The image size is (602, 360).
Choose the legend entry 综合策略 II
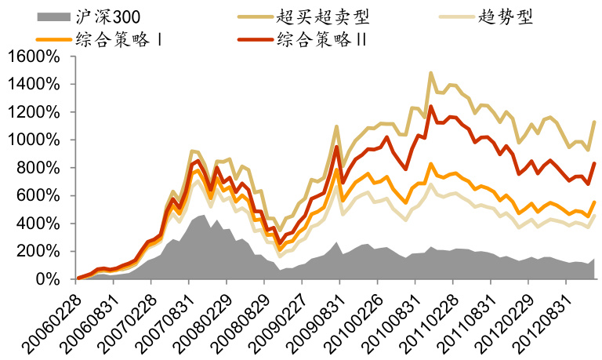[322, 38]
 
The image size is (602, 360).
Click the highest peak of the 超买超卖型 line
[430, 73]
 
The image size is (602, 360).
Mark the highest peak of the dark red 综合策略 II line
[430, 107]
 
